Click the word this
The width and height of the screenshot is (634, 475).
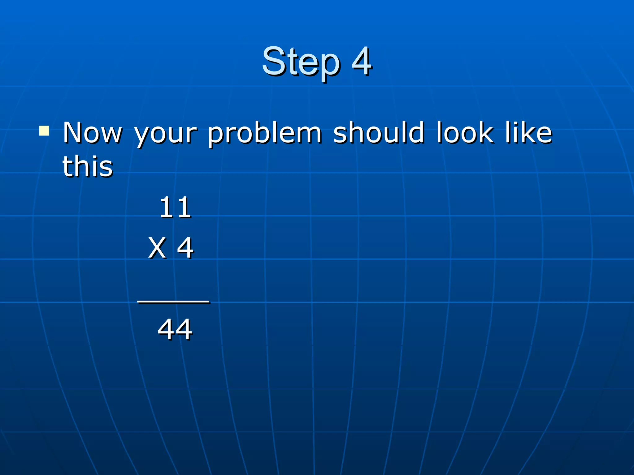coord(88,166)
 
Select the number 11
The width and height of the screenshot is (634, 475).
coord(175,207)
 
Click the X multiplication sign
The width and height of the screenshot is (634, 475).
coord(157,248)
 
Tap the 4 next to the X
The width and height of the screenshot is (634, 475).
coord(185,248)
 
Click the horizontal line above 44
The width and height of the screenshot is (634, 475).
coord(173,302)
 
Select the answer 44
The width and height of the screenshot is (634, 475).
coord(175,329)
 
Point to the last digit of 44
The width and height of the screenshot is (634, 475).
coord(184,329)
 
